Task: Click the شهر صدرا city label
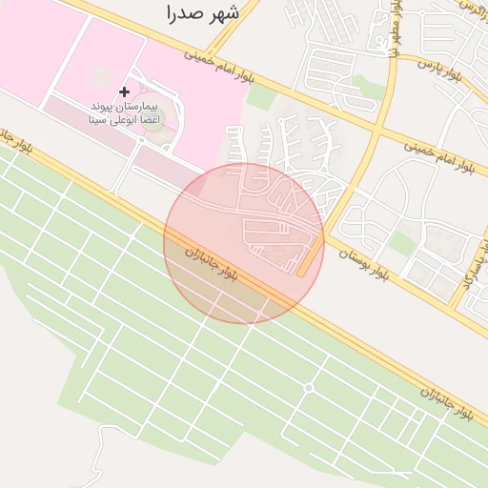(201, 13)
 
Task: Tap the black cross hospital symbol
(124, 91)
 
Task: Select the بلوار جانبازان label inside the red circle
(219, 266)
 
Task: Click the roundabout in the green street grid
(309, 388)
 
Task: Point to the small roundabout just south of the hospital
(140, 140)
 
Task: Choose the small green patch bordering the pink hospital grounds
(259, 99)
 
